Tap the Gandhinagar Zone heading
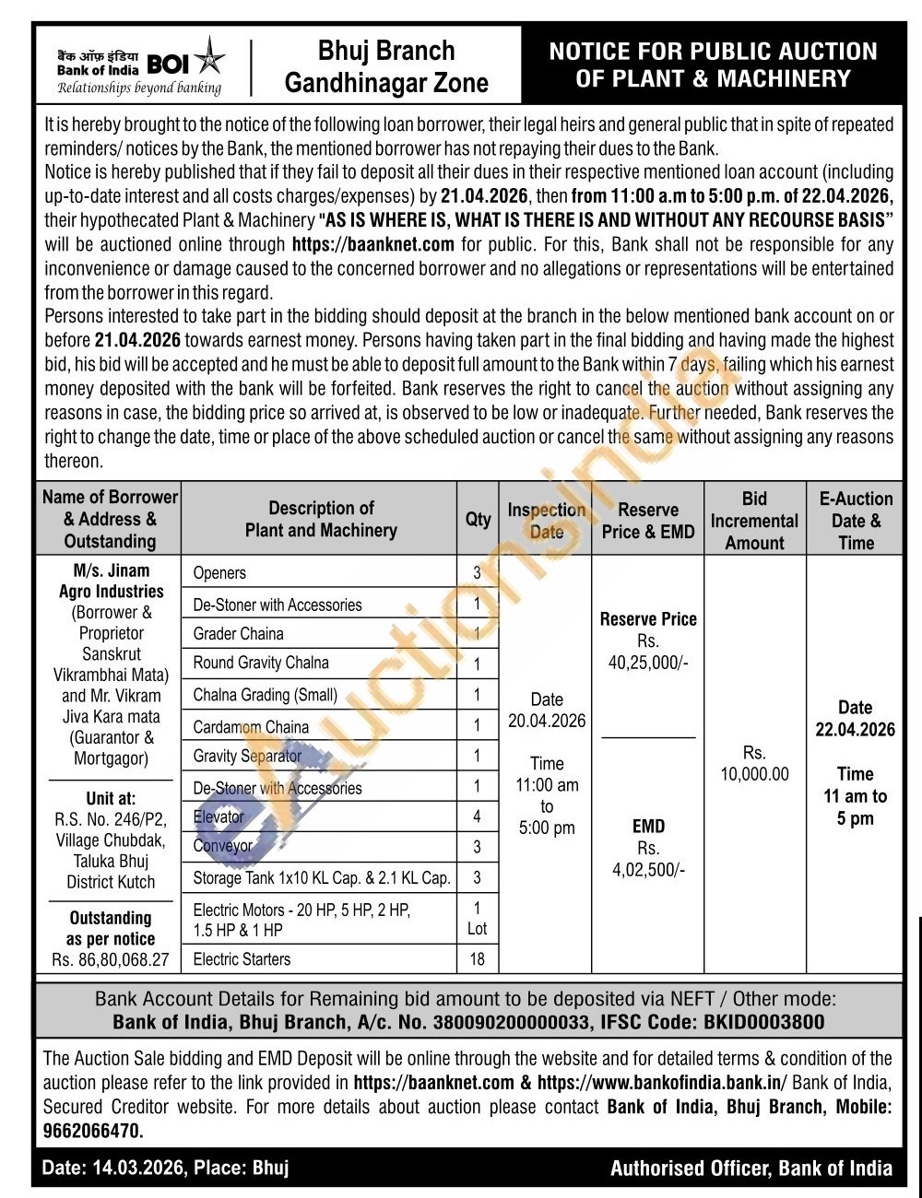pos(386,84)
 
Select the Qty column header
pos(478,519)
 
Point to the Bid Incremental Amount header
pos(754,521)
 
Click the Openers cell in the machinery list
pos(219,572)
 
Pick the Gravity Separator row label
pos(247,757)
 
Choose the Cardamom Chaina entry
pos(251,726)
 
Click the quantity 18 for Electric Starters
pos(477,959)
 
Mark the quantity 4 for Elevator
pos(477,816)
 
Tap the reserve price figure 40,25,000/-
pos(648,663)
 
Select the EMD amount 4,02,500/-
pos(648,870)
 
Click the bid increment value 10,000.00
pos(754,774)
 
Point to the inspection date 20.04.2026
pos(547,721)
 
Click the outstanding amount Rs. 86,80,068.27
pos(111,960)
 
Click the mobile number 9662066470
pos(92,1130)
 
